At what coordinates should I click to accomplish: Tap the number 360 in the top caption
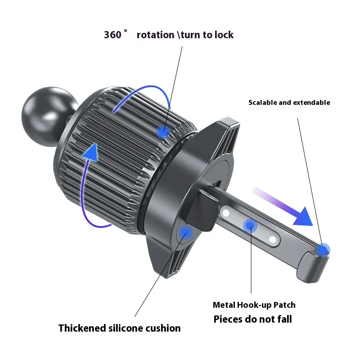112,35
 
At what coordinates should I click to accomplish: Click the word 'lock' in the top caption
224,35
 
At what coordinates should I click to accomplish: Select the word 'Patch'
284,305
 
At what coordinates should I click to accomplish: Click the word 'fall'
284,319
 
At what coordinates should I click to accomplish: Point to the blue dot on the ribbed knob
163,132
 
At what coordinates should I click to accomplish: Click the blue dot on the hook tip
323,250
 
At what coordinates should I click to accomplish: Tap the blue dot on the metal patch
251,226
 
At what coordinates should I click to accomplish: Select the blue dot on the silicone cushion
185,233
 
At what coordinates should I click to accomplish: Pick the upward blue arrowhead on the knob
91,152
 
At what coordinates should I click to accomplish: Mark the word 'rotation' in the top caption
155,35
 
